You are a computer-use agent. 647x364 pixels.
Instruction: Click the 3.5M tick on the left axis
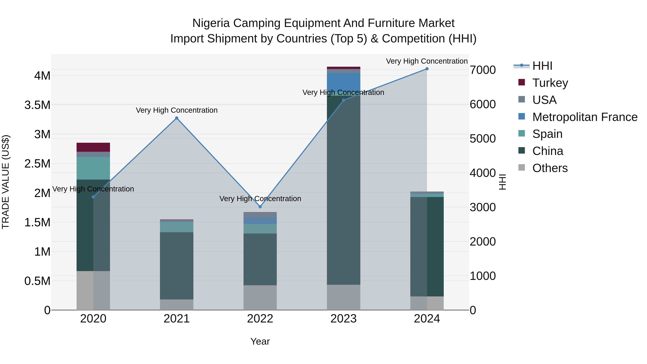click(37, 105)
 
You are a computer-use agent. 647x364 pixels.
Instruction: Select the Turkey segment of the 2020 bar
click(93, 147)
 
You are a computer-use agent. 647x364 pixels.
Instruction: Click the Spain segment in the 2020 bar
click(93, 168)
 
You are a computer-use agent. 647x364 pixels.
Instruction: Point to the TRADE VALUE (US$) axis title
click(6, 182)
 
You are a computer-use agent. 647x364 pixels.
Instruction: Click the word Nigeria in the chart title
click(211, 23)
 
